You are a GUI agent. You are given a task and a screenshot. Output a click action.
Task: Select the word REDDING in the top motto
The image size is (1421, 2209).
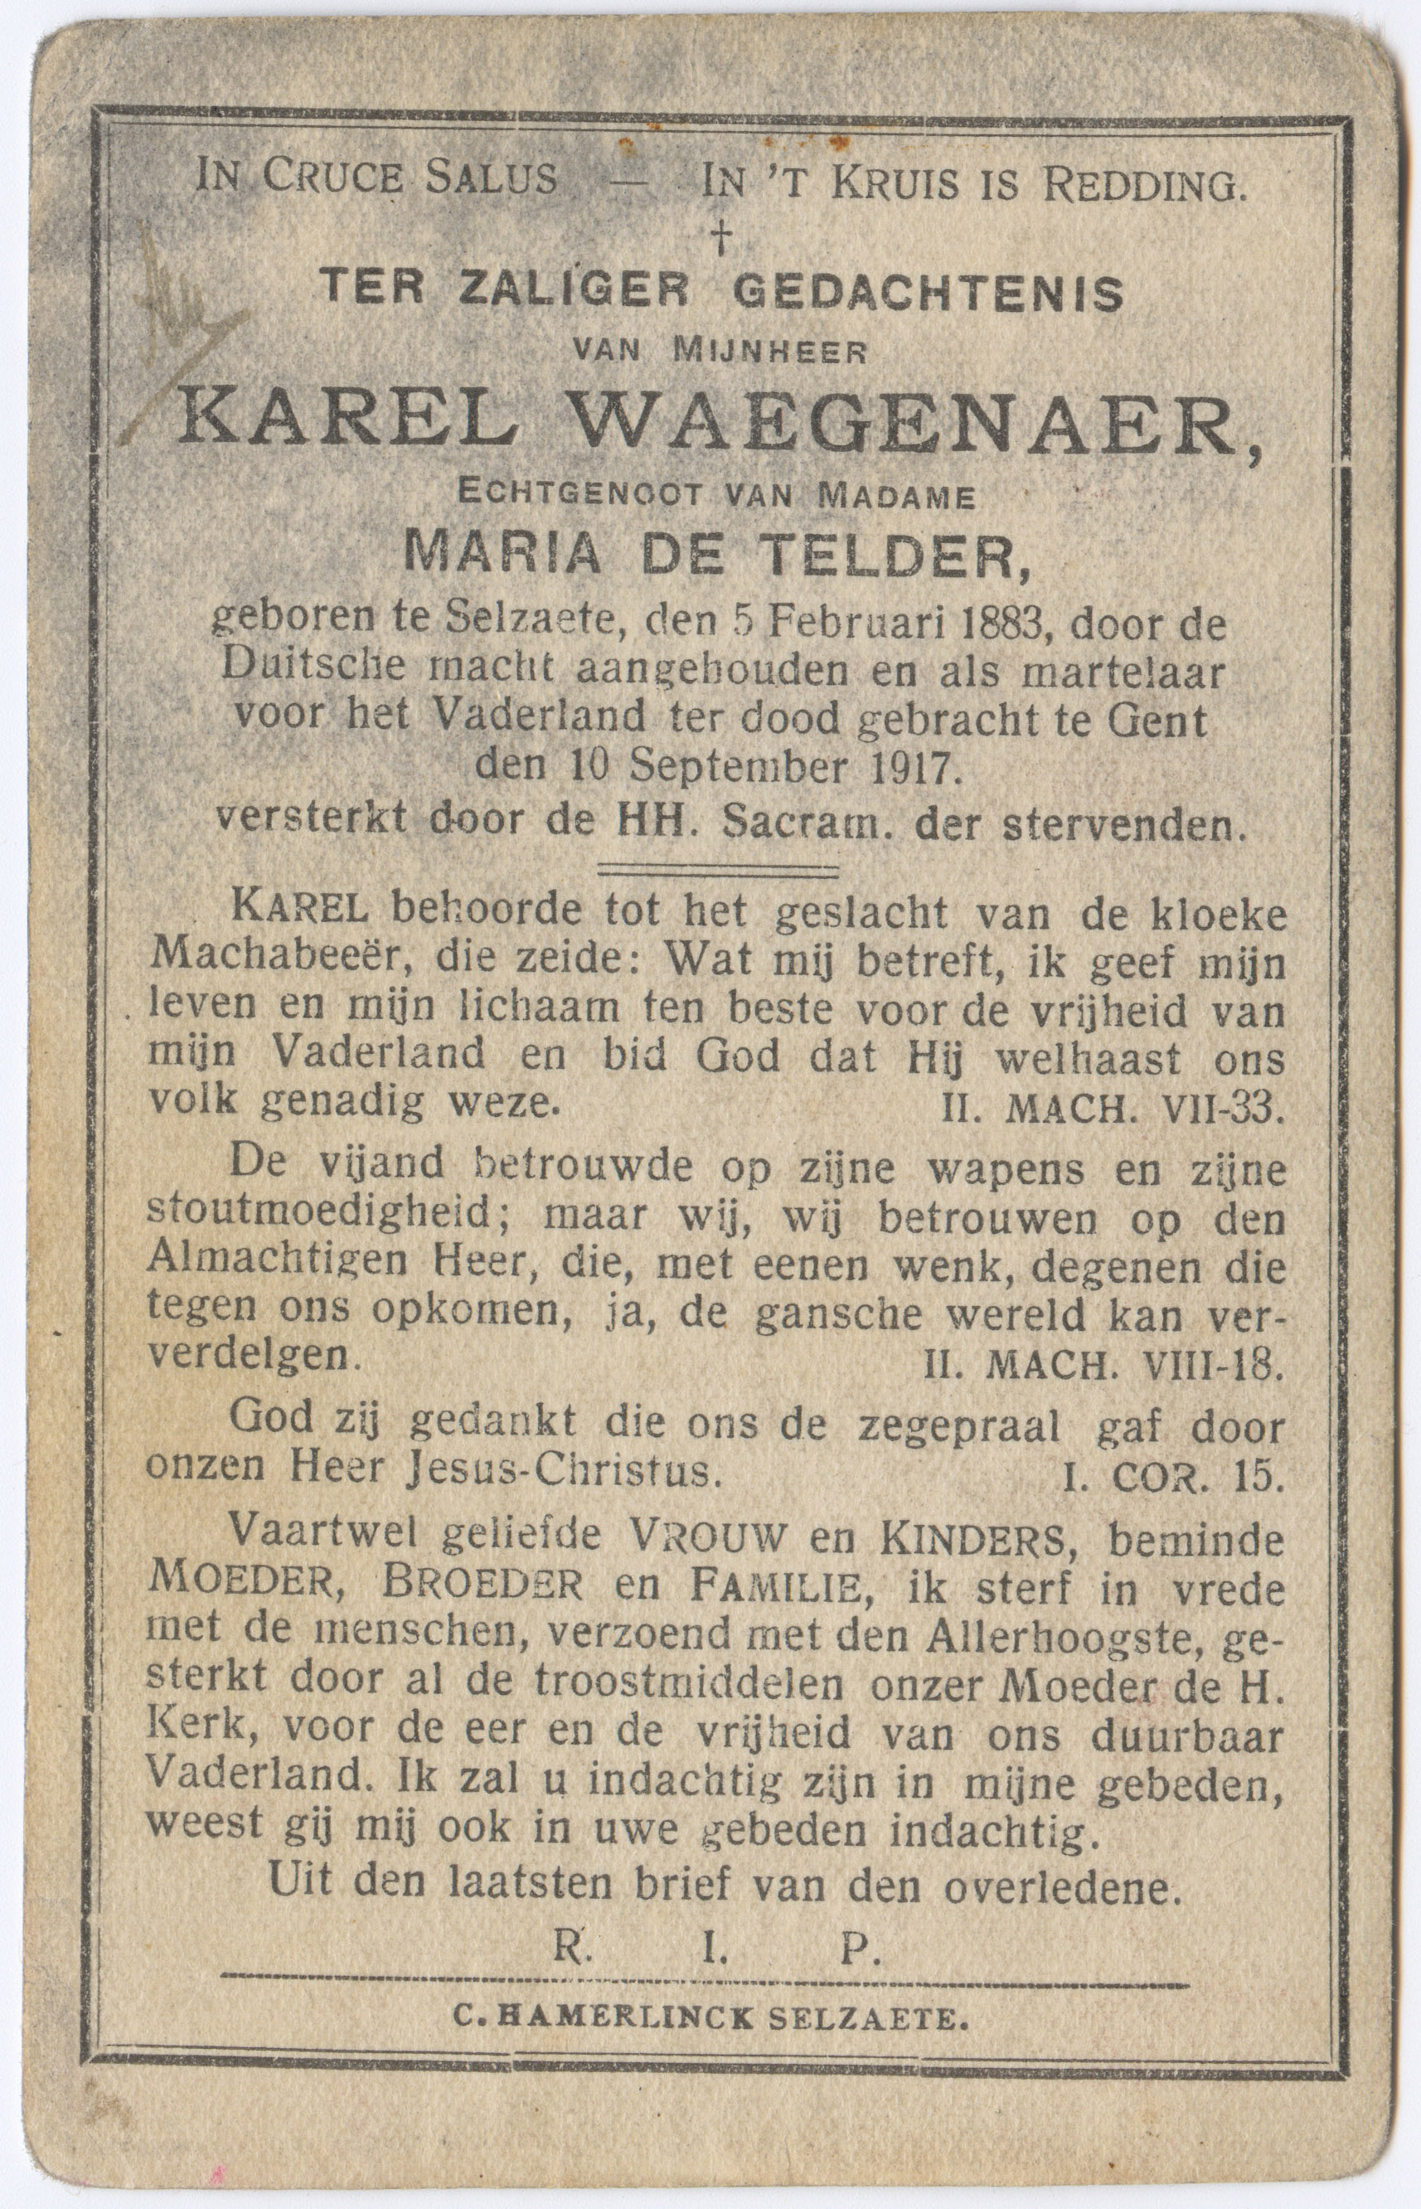point(1142,186)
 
